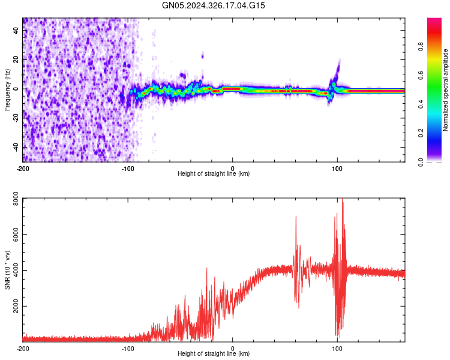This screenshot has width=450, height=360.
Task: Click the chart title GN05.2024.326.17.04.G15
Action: coord(214,5)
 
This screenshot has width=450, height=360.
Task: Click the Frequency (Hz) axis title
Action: coord(7,90)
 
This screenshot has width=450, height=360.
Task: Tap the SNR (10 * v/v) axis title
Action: coord(7,270)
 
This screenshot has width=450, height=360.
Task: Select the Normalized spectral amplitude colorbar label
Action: coord(445,90)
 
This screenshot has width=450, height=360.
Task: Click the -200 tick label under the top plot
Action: coord(23,167)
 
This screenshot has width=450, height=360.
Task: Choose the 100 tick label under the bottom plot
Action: coord(337,347)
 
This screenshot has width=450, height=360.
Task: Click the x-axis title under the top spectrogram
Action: coord(214,174)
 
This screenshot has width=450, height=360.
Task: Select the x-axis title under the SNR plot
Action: coord(214,354)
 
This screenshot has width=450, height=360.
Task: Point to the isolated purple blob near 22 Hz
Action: coord(202,56)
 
